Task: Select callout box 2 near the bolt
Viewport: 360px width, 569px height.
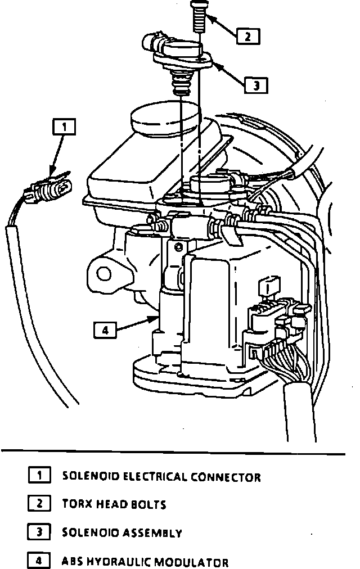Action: (x=247, y=36)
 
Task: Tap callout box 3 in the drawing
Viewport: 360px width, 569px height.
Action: (x=256, y=85)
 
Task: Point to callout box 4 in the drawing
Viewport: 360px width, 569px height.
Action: (x=105, y=329)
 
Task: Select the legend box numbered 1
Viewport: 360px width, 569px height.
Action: (x=39, y=476)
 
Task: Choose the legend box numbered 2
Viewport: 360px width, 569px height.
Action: (x=39, y=503)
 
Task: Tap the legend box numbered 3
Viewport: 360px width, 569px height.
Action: (x=39, y=531)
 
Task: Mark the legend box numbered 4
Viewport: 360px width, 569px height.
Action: (x=39, y=560)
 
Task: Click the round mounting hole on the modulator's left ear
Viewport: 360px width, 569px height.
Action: (x=103, y=273)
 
